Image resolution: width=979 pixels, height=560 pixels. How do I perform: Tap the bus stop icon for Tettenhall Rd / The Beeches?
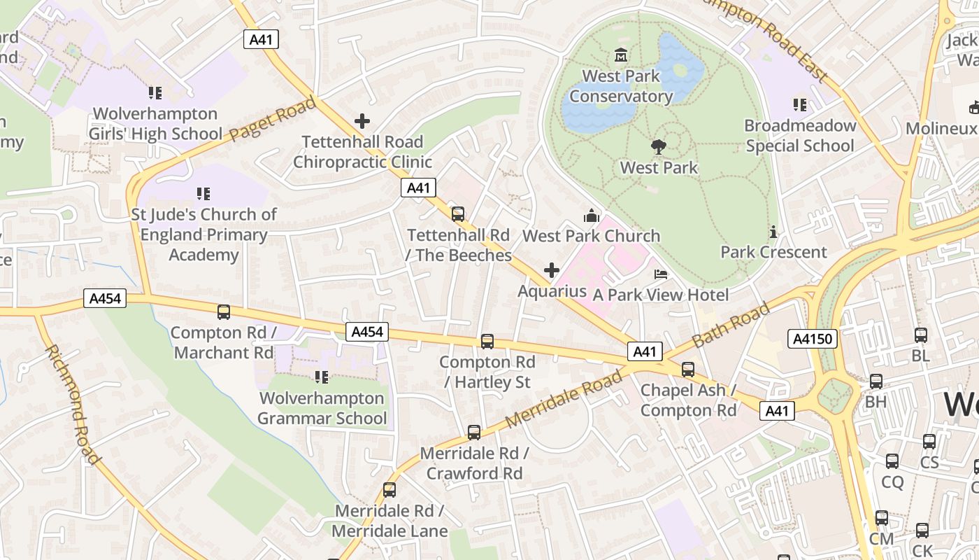point(458,214)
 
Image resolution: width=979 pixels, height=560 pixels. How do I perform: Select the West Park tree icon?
point(658,147)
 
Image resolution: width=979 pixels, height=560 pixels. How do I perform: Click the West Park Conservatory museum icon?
point(620,55)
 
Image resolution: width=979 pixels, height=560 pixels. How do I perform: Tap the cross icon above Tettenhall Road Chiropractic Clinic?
point(362,121)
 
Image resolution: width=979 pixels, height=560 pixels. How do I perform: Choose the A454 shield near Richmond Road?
point(106,299)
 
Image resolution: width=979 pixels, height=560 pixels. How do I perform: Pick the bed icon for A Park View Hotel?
point(660,274)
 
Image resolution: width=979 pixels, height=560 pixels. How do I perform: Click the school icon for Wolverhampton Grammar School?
point(322,377)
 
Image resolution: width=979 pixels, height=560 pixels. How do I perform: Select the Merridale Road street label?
point(563,399)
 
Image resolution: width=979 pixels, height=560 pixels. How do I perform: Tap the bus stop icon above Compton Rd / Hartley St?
point(487,342)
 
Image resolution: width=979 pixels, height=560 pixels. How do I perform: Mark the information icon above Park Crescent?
point(773,232)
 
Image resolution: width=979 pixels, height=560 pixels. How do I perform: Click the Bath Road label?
point(731,325)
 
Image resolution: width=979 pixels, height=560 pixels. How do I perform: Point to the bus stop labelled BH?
point(876,381)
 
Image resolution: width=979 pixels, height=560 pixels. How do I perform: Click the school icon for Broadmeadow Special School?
point(800,105)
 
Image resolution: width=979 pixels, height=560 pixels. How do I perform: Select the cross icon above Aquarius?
point(552,270)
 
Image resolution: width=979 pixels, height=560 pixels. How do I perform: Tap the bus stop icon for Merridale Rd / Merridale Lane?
point(390,490)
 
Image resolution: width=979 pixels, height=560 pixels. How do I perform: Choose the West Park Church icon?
point(592,216)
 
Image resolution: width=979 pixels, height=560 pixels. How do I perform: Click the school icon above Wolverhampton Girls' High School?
point(155,92)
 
